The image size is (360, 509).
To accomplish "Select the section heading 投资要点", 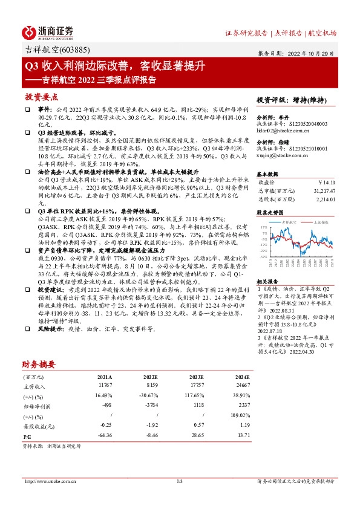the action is point(41,97).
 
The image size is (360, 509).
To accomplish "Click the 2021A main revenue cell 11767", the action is point(105,384).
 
